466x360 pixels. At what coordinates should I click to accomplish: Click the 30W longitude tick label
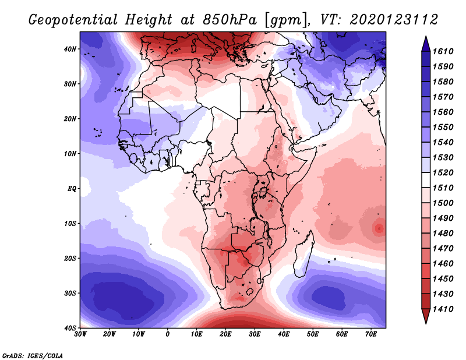tap(80, 334)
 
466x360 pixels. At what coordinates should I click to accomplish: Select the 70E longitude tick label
tap(370, 334)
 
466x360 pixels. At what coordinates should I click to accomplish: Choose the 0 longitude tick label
tap(168, 334)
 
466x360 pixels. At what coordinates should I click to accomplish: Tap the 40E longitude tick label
tap(284, 334)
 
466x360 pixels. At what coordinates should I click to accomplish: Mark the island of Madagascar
tap(305, 260)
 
